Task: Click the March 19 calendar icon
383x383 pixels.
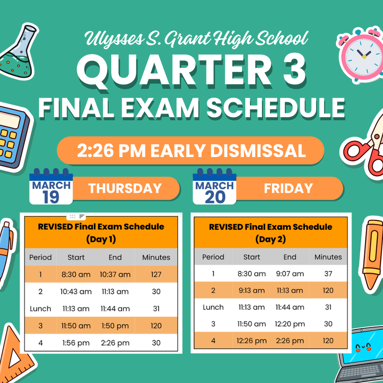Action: pos(51,187)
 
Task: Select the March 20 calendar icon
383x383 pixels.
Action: pos(214,187)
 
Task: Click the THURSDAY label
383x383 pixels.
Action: pos(125,188)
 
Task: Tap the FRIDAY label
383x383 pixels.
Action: pos(288,188)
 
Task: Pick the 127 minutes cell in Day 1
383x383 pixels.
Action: pos(156,274)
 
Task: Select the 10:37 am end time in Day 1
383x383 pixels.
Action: pos(115,274)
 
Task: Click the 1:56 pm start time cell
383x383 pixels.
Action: pos(76,343)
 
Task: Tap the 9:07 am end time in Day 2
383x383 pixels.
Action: pos(290,274)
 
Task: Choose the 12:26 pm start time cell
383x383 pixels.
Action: pos(251,341)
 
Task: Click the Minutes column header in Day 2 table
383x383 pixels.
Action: pos(328,257)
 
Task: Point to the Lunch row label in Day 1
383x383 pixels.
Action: pos(40,309)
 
